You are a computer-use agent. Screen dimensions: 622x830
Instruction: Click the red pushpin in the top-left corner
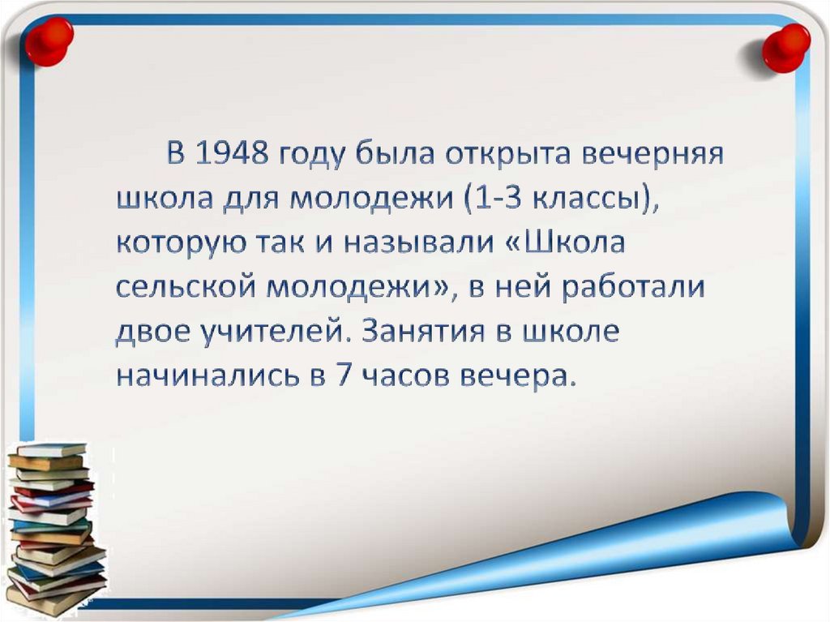pyautogui.click(x=48, y=40)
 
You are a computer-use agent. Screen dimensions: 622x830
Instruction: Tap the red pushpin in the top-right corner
pyautogui.click(x=785, y=47)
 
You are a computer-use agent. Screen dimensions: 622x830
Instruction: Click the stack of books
pyautogui.click(x=55, y=527)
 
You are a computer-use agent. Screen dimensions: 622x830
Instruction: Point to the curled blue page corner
pyautogui.click(x=721, y=527)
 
